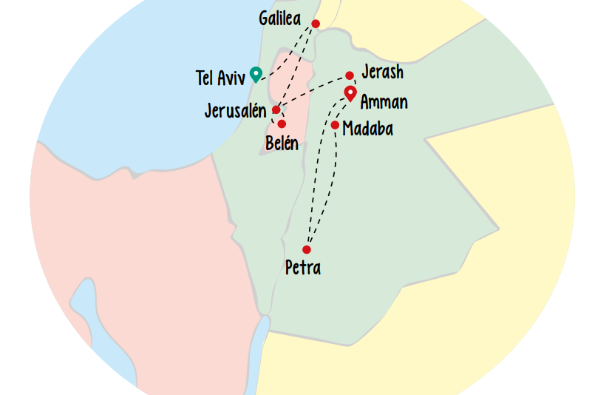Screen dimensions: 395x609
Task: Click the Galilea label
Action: (280, 18)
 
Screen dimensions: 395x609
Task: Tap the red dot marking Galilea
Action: (316, 24)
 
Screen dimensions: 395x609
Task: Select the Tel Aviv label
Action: (220, 78)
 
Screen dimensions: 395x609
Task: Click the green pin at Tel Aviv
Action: (256, 73)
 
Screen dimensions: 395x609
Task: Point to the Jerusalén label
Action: (235, 111)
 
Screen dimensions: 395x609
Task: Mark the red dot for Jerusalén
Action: (276, 109)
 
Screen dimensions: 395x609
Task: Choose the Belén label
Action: (282, 143)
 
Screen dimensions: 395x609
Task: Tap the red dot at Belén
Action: (282, 124)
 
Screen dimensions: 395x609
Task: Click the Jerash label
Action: (382, 72)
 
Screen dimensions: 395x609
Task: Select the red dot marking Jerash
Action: (350, 75)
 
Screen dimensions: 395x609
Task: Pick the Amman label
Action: (384, 102)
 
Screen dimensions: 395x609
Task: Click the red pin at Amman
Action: (351, 93)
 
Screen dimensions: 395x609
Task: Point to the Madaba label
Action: (367, 129)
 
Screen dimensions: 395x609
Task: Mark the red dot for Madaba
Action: (335, 125)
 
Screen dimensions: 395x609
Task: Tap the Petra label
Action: (303, 267)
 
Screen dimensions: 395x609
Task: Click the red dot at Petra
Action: (307, 249)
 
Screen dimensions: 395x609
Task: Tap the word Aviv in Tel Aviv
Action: (231, 78)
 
